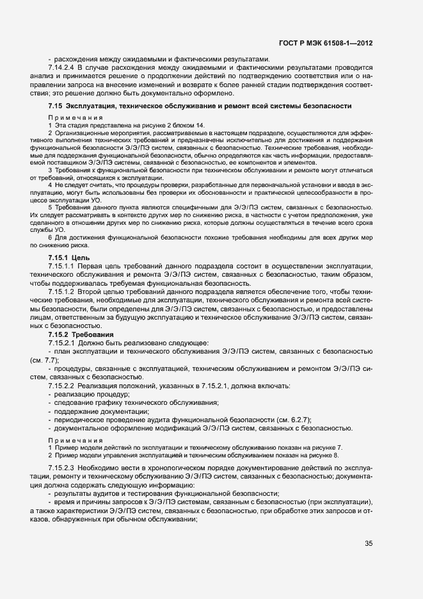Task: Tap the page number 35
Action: pyautogui.click(x=369, y=543)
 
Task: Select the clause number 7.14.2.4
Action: pyautogui.click(x=62, y=67)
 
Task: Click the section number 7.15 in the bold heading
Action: pyautogui.click(x=56, y=105)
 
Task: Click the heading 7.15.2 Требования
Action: pyautogui.click(x=81, y=334)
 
